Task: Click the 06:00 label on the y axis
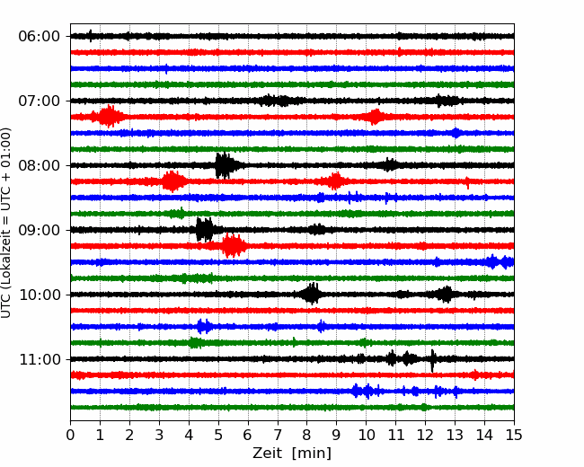pos(39,37)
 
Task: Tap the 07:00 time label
pos(39,101)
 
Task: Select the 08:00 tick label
pos(39,165)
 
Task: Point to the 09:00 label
pos(39,230)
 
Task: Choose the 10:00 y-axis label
pos(39,295)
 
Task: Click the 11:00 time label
pos(39,359)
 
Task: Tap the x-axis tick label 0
pos(70,435)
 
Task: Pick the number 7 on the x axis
pos(278,435)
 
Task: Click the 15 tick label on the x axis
pos(514,435)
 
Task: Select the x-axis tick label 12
pos(425,435)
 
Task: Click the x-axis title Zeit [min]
pos(292,454)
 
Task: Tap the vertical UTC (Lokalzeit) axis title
pos(6,223)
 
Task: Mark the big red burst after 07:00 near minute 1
pos(108,117)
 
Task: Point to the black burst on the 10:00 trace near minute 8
pos(311,295)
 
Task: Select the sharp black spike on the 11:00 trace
pos(432,360)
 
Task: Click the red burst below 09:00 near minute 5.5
pos(233,245)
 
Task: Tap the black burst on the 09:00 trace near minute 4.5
pos(205,230)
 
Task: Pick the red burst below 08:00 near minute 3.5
pos(173,181)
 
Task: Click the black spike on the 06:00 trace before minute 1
pos(91,36)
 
